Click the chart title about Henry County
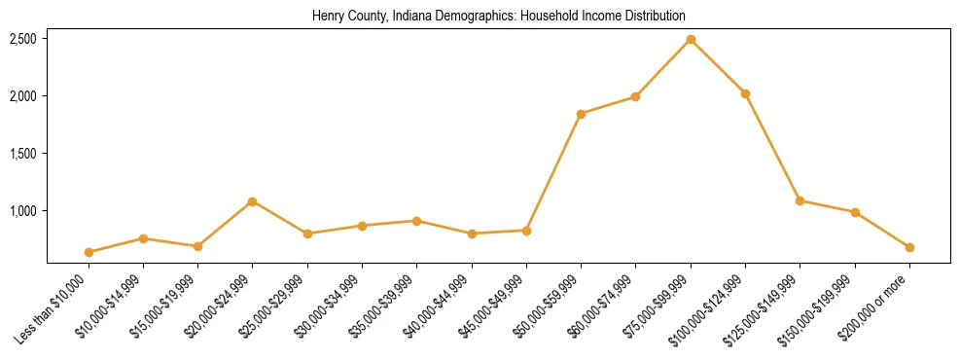tap(499, 17)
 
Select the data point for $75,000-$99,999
tap(691, 39)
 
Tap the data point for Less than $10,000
tap(89, 252)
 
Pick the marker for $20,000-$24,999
tap(253, 201)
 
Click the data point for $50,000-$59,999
tap(581, 114)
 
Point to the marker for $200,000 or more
tap(909, 247)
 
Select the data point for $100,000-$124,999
tap(745, 93)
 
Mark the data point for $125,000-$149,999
tap(800, 200)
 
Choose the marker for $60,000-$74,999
tap(635, 96)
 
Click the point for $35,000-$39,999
tap(416, 221)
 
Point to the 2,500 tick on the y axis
tap(23, 39)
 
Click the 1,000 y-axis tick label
tap(23, 211)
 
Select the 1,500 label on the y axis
tap(23, 154)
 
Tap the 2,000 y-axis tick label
tap(23, 96)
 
